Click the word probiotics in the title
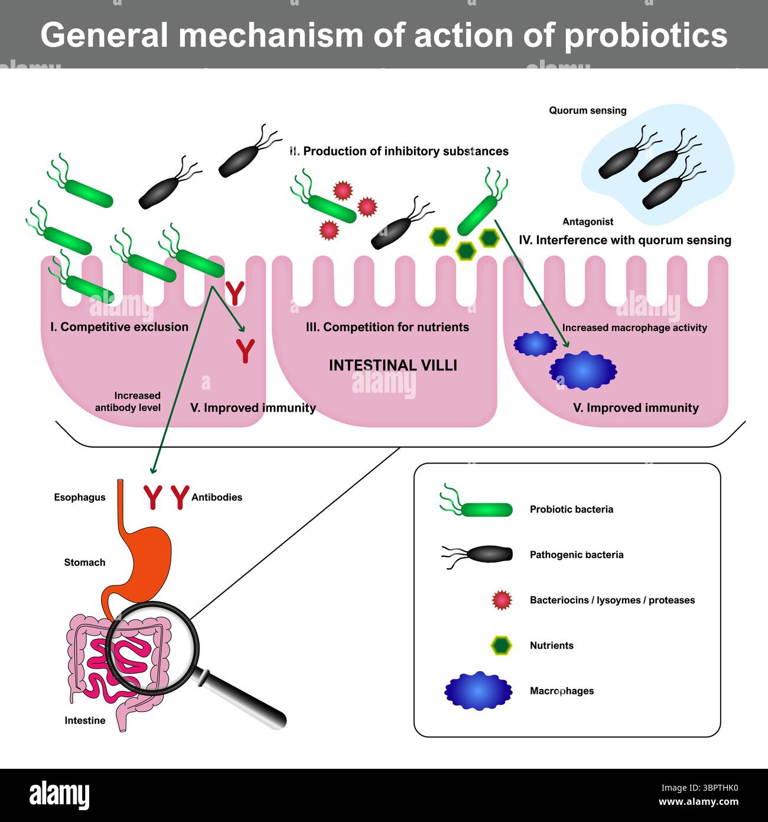pyautogui.click(x=646, y=35)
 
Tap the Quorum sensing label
pyautogui.click(x=587, y=111)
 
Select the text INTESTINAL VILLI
pyautogui.click(x=393, y=365)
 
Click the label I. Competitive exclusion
pyautogui.click(x=119, y=327)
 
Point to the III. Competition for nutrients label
pyautogui.click(x=388, y=327)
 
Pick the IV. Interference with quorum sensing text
pyautogui.click(x=625, y=240)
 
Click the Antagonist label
pyautogui.click(x=587, y=222)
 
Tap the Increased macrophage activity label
pyautogui.click(x=634, y=328)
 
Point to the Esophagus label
pyautogui.click(x=80, y=497)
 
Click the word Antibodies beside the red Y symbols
pyautogui.click(x=217, y=497)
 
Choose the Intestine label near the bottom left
pyautogui.click(x=85, y=720)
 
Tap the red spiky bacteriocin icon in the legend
pyautogui.click(x=502, y=600)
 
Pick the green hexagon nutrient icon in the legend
pyautogui.click(x=502, y=645)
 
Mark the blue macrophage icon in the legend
pyautogui.click(x=478, y=691)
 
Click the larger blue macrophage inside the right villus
pyautogui.click(x=582, y=370)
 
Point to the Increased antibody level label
pyautogui.click(x=128, y=402)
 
